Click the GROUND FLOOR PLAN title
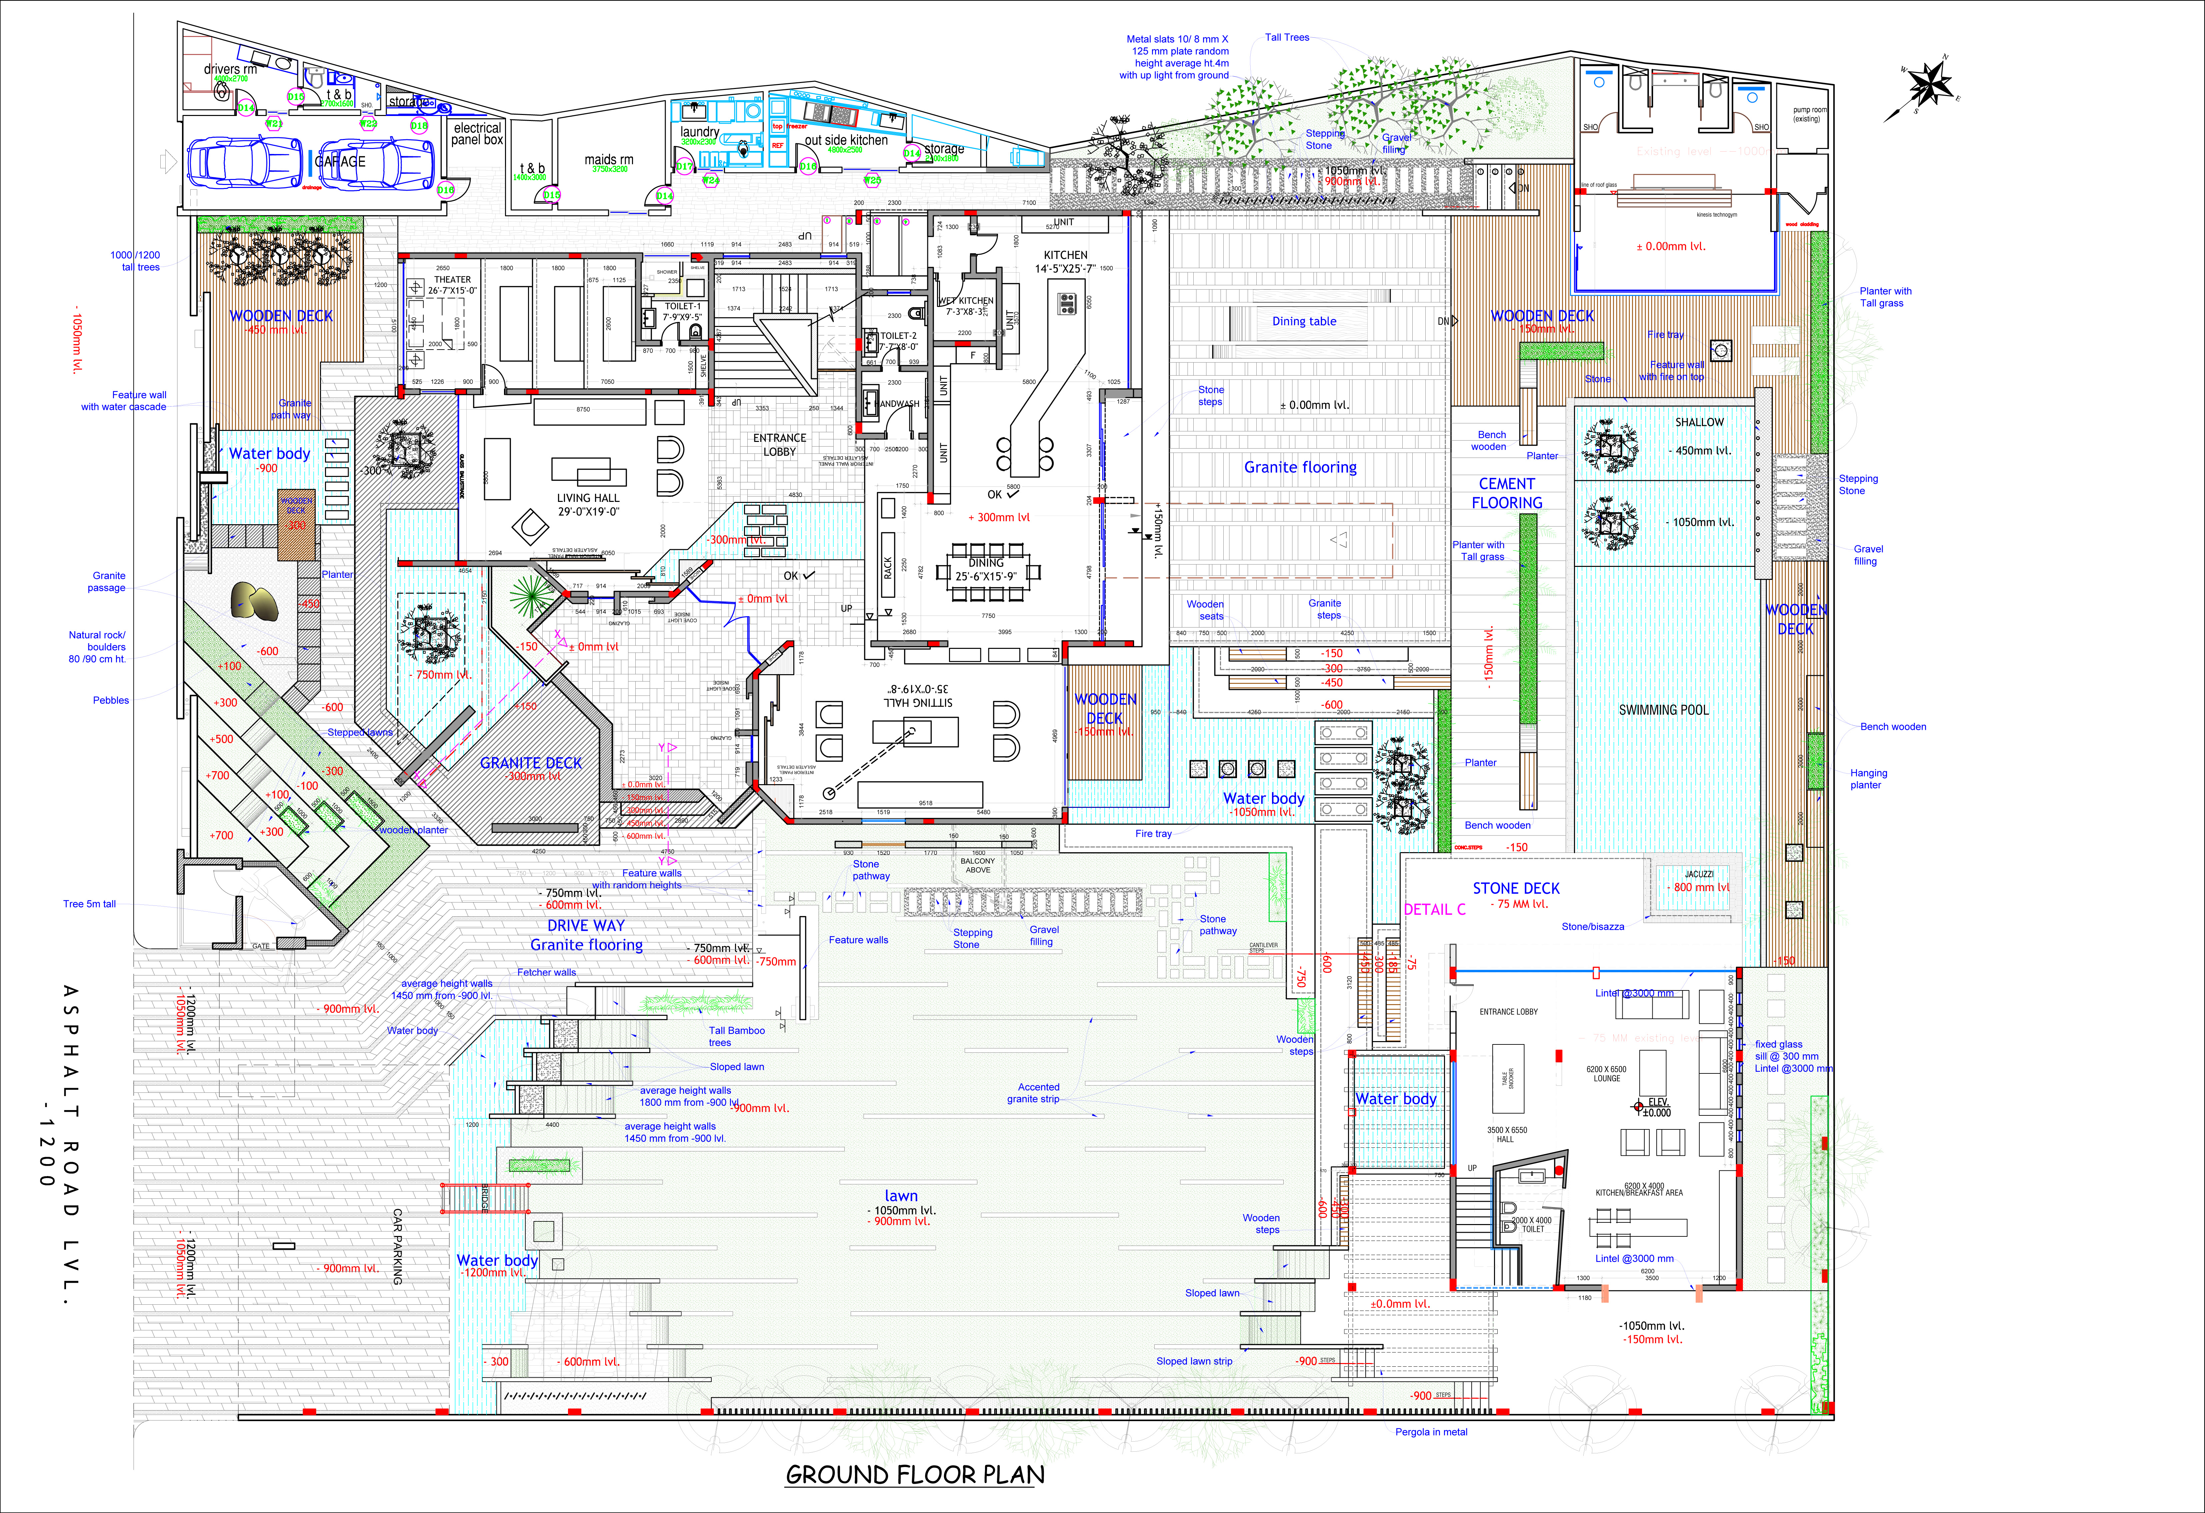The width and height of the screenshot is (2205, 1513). tap(915, 1475)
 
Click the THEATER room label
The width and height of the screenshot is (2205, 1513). tap(453, 285)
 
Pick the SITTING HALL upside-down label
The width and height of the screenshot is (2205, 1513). tap(918, 695)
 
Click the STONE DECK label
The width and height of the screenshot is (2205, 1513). tap(1515, 889)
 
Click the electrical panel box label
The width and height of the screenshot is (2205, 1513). tap(477, 134)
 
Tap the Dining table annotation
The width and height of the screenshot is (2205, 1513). tap(1304, 322)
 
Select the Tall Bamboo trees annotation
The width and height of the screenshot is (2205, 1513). tap(736, 1036)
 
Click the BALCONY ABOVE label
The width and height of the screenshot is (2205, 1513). tap(977, 865)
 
